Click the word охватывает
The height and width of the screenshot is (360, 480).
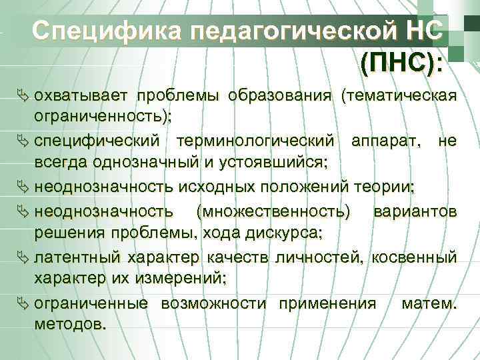click(85, 95)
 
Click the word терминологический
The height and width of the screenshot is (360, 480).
click(256, 141)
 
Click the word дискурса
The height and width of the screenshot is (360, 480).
click(291, 233)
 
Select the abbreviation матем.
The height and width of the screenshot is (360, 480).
click(429, 304)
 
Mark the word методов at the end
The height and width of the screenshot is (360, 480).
click(69, 326)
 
